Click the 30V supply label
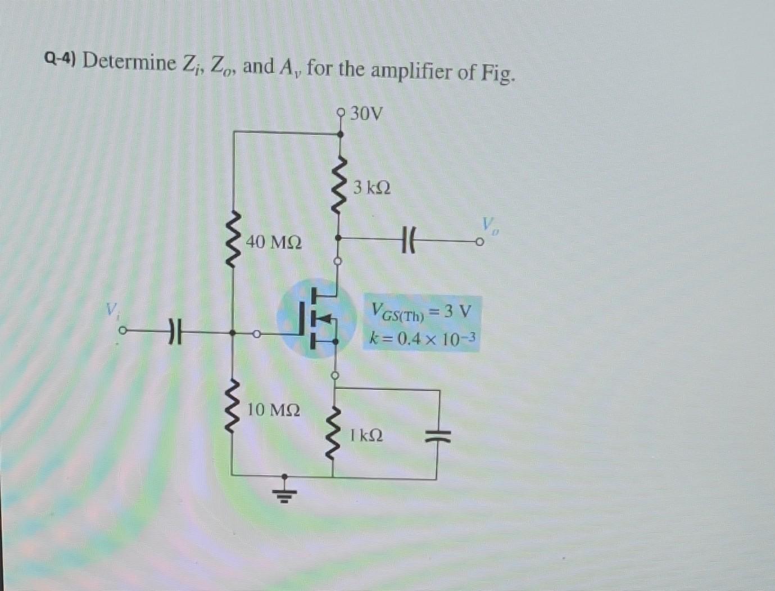[366, 114]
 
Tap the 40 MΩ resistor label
[274, 242]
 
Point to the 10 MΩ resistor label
[274, 410]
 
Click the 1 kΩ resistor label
[366, 435]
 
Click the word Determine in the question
[129, 61]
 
